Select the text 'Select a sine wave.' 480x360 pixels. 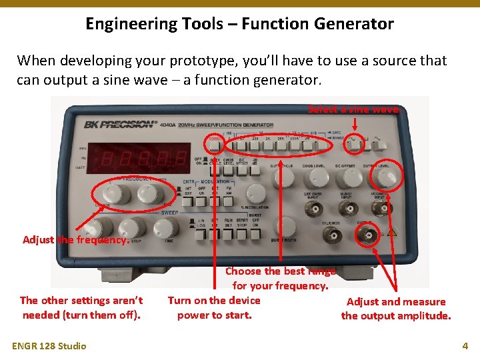[354, 109]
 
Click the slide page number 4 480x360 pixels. [465, 346]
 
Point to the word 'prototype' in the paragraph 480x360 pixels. [213, 61]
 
